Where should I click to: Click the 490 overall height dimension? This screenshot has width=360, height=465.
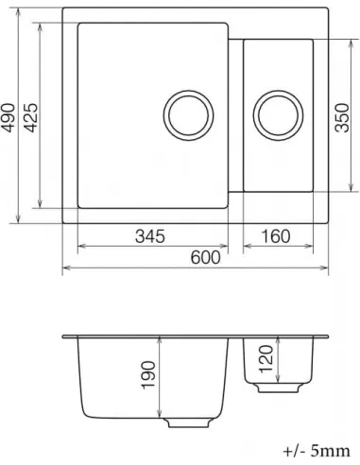(x=9, y=120)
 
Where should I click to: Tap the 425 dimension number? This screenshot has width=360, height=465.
(x=32, y=117)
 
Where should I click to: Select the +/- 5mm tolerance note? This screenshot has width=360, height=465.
(x=316, y=451)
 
